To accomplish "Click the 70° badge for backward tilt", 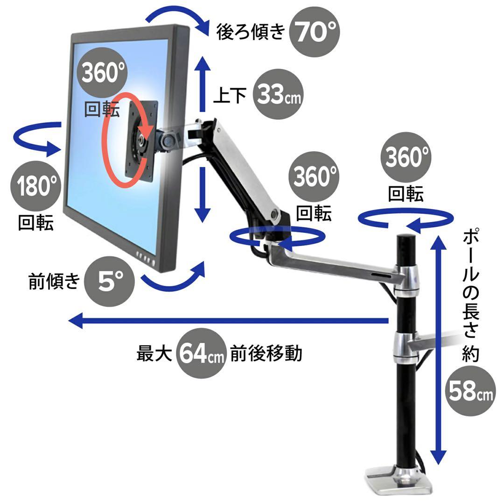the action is [x=315, y=32].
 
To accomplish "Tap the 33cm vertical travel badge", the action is [x=278, y=94].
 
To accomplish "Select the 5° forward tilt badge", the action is [x=109, y=281].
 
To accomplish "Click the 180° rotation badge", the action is [x=35, y=186].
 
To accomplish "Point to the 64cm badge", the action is [x=201, y=353].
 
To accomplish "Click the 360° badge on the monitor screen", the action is [x=102, y=72].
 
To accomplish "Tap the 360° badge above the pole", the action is [x=406, y=157].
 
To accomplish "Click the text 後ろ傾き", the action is [x=251, y=32].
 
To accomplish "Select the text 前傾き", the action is [x=54, y=281].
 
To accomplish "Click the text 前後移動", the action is [x=266, y=353].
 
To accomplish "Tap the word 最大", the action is [x=154, y=353].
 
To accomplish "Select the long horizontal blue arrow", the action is [x=229, y=321].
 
